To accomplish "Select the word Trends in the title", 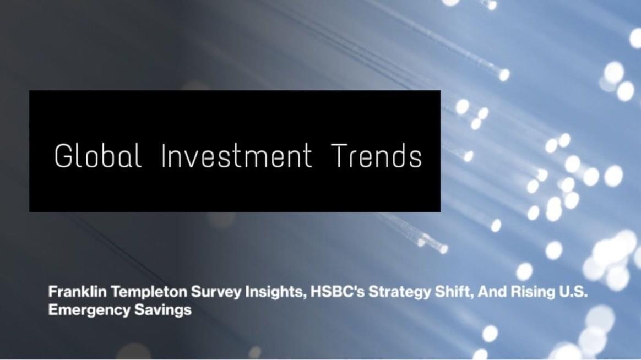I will pyautogui.click(x=377, y=156).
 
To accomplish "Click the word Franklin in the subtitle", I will pyautogui.click(x=71, y=292).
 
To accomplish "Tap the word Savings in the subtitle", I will pyautogui.click(x=163, y=310).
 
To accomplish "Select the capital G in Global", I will pyautogui.click(x=63, y=156).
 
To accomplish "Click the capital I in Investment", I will pyautogui.click(x=163, y=156).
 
